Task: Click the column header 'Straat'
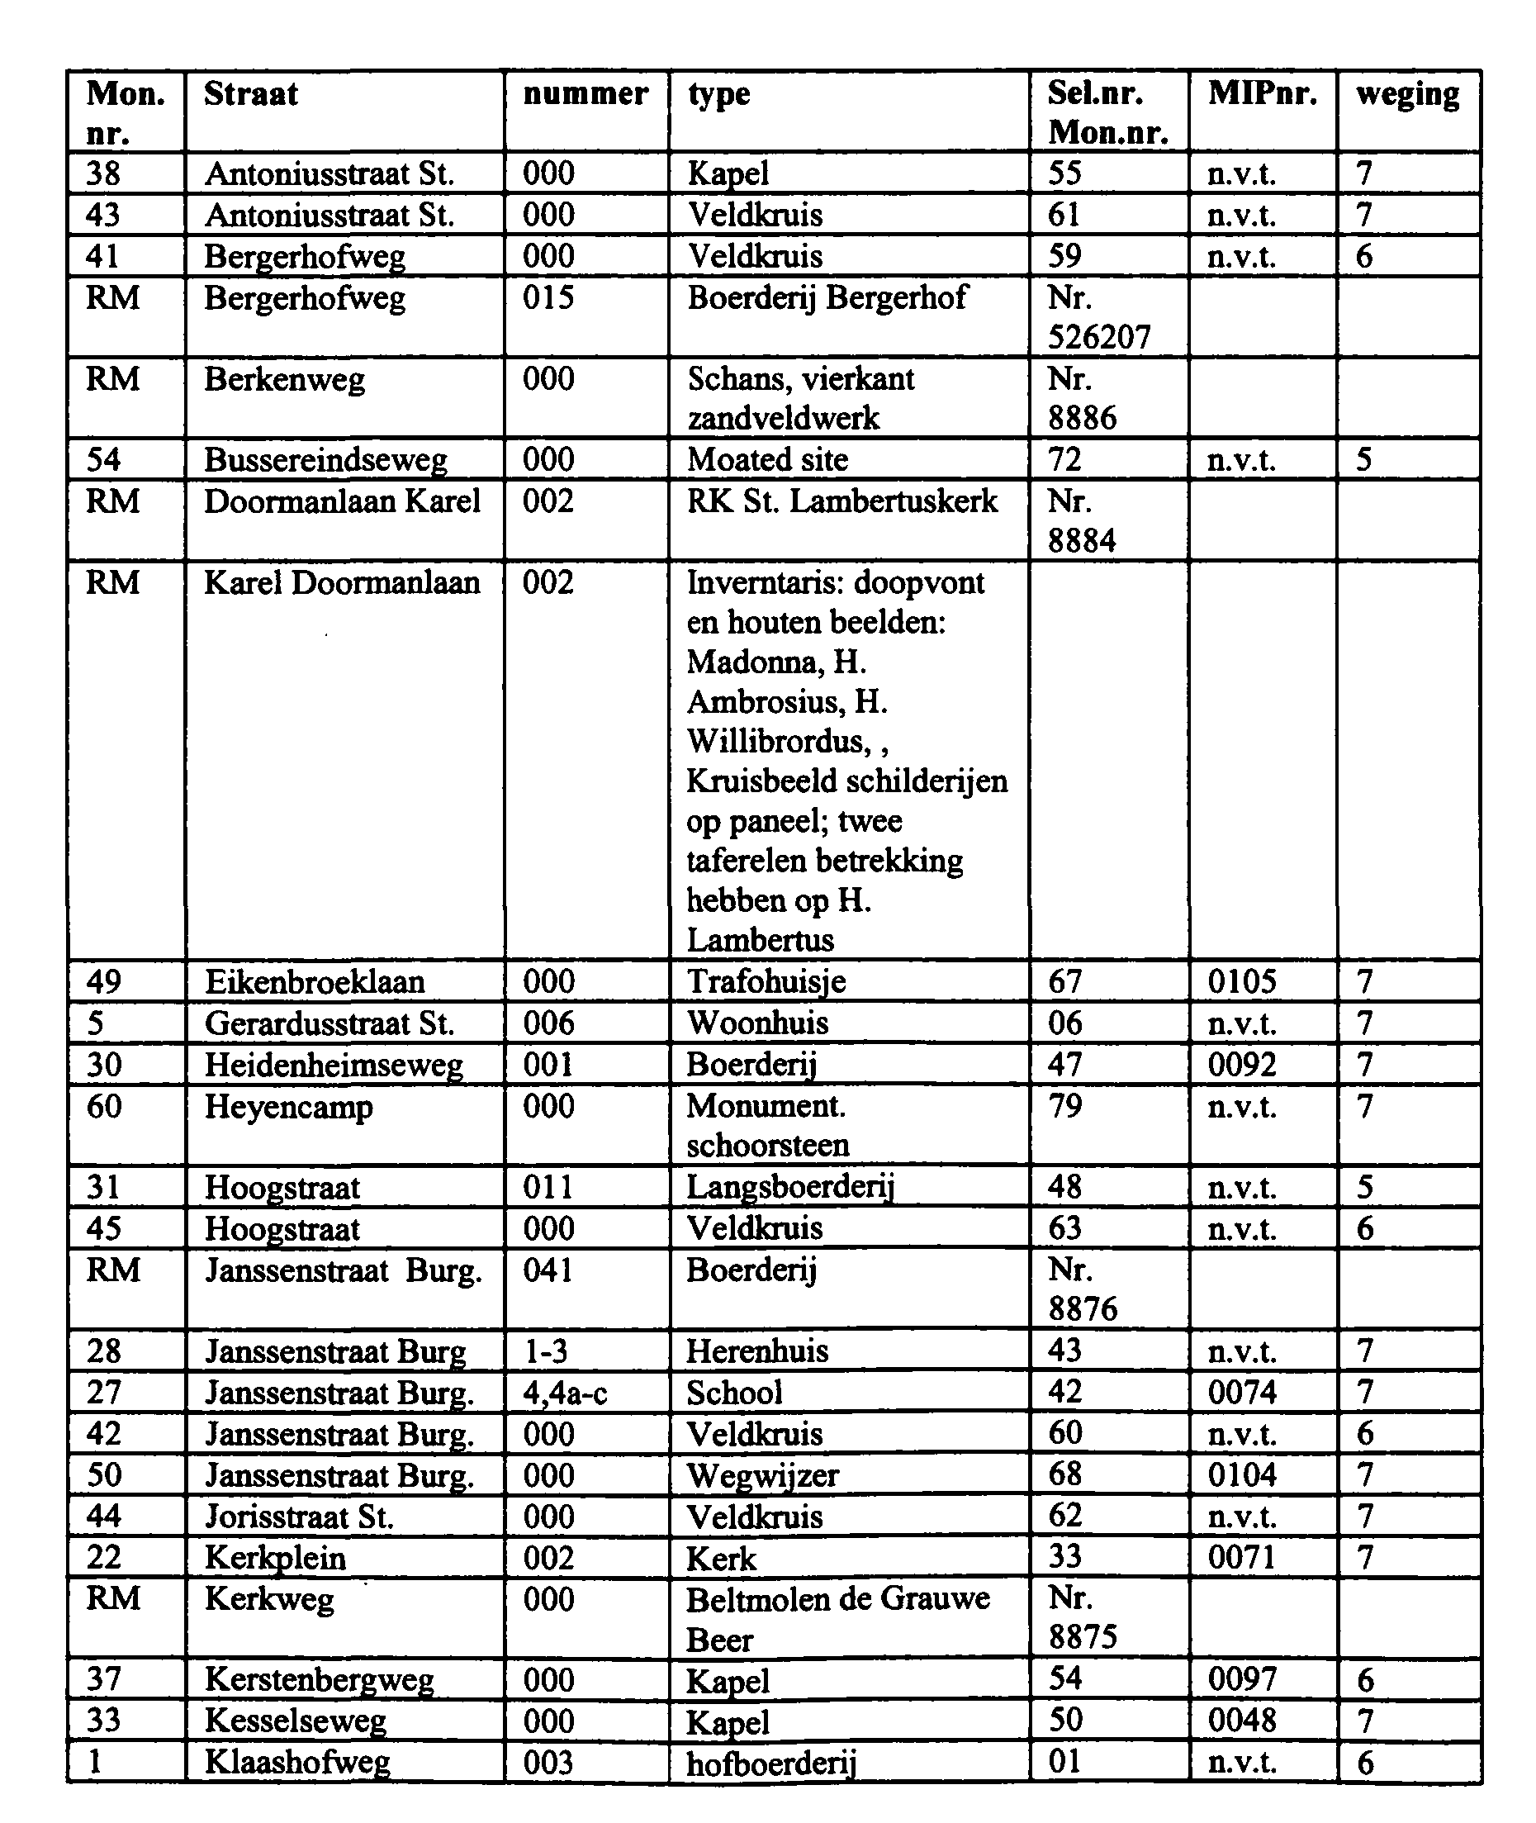coord(251,94)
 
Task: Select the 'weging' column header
coord(1407,94)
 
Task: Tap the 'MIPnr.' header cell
coord(1262,94)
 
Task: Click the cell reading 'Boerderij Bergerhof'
coord(827,298)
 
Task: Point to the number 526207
coord(1099,337)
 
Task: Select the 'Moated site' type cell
coord(767,460)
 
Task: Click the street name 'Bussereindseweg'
coord(325,460)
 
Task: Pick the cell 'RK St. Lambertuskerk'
coord(842,501)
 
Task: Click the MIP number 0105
coord(1242,981)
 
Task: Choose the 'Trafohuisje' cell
coord(766,981)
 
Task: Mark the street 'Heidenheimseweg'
coord(334,1065)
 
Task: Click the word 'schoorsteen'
coord(767,1145)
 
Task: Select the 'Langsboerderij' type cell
coord(789,1187)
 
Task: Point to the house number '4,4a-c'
coord(564,1393)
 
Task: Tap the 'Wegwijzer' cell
coord(763,1475)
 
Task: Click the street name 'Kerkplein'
coord(275,1558)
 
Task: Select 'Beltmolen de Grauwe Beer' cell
coord(837,1619)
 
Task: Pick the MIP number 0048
coord(1242,1721)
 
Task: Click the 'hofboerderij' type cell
coord(771,1763)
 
